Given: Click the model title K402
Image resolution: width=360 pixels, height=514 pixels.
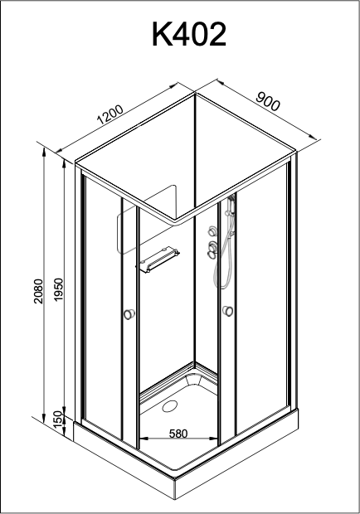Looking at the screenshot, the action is (189, 35).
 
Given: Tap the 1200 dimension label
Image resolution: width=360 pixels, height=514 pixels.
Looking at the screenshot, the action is (110, 114).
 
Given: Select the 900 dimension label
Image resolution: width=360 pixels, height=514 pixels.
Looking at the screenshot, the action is (268, 101).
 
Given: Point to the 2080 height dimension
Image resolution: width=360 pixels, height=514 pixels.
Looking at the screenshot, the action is (39, 292).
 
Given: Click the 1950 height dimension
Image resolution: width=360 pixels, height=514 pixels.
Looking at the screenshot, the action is (58, 290).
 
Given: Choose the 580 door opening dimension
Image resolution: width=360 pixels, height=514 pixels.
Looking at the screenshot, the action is (178, 434).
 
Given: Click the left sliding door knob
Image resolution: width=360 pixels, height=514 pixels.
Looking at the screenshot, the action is (129, 313).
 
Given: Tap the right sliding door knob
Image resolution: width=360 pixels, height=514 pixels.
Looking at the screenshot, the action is (227, 311).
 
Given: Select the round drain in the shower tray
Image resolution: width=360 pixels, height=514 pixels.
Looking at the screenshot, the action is (170, 407).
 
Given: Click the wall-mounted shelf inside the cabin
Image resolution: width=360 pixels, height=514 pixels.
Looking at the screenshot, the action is (158, 260).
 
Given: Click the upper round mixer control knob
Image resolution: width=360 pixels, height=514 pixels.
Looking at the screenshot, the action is (212, 231).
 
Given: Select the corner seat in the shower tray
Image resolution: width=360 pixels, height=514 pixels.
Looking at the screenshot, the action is (192, 380).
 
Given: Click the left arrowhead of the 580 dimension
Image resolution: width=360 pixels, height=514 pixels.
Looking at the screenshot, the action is (144, 438).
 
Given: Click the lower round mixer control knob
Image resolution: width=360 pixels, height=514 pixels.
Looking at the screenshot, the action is (212, 247).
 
